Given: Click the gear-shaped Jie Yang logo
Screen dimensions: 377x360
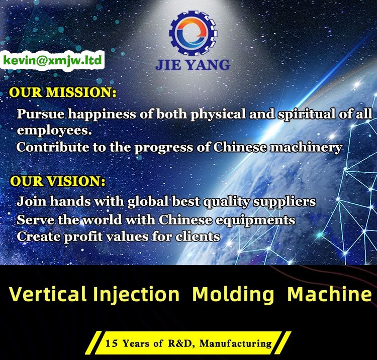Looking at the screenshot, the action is [193, 33].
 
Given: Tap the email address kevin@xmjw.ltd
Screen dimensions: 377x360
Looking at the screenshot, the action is [53, 60].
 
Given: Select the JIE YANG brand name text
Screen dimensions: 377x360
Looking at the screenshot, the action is [193, 65].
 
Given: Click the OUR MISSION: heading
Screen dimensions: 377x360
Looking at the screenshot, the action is [62, 92].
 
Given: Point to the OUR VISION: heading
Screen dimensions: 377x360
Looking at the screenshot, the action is [57, 181].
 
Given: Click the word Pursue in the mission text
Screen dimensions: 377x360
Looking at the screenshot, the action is [40, 114].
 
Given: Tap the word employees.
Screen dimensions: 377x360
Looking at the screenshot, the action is [54, 131].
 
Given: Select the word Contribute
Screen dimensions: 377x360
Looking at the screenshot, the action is [53, 147].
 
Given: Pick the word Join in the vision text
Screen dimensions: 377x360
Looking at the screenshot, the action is [32, 201].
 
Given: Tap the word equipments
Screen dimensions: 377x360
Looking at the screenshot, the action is [255, 220].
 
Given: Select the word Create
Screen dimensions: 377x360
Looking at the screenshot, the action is [39, 236].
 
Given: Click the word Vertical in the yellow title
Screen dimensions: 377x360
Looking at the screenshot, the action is [48, 294].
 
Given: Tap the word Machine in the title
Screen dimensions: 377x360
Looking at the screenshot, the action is [330, 294].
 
